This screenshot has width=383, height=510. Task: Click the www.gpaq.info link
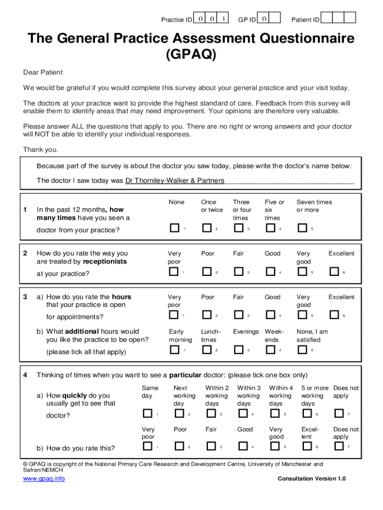pos(44,479)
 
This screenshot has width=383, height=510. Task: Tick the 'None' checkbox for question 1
pos(174,228)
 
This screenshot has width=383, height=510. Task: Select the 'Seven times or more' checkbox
pos(302,228)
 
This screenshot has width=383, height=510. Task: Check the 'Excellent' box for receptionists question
pos(334,271)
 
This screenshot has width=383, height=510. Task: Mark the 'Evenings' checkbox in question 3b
pos(238,350)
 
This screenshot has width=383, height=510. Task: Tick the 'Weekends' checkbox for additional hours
pos(270,350)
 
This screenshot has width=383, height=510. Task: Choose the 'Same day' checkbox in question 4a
pos(147,413)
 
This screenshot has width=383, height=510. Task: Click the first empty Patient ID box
pos(326,18)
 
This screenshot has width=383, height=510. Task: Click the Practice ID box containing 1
pos(224,18)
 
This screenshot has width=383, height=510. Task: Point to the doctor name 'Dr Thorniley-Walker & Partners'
pos(175,180)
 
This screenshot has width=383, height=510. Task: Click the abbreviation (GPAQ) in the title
pos(191,54)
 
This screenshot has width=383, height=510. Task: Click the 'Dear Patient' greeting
pos(43,72)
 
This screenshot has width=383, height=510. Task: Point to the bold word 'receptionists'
pos(105,261)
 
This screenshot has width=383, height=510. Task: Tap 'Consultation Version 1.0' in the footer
pos(311,479)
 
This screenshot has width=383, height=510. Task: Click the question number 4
pos(25,375)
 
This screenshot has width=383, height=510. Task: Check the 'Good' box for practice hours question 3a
pos(270,315)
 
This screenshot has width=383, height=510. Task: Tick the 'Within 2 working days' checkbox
pos(211,413)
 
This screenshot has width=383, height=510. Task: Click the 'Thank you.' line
pos(41,149)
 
